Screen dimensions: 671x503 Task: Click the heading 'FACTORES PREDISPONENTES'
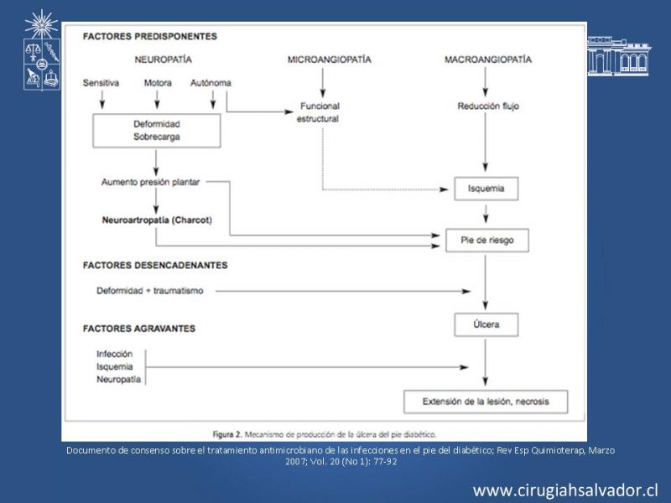tap(150, 36)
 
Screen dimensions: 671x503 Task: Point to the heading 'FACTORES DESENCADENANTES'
tap(155, 265)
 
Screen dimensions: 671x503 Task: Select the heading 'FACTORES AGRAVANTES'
tap(139, 329)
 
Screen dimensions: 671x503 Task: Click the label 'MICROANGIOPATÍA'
tap(329, 60)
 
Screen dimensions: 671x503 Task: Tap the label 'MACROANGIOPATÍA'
tap(488, 60)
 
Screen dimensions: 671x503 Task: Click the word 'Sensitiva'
tap(101, 83)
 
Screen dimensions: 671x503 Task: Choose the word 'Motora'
tap(158, 83)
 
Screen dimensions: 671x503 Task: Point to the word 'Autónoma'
tap(211, 83)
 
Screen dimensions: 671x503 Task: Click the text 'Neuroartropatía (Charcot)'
tap(157, 220)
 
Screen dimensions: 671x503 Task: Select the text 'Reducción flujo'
tap(488, 106)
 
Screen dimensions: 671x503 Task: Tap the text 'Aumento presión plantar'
tap(150, 182)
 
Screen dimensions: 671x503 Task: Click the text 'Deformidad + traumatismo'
tap(150, 291)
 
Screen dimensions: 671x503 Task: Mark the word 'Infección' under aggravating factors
tap(114, 354)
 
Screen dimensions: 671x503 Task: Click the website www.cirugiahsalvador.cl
tap(565, 490)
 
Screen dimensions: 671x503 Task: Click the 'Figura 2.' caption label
tap(227, 434)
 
